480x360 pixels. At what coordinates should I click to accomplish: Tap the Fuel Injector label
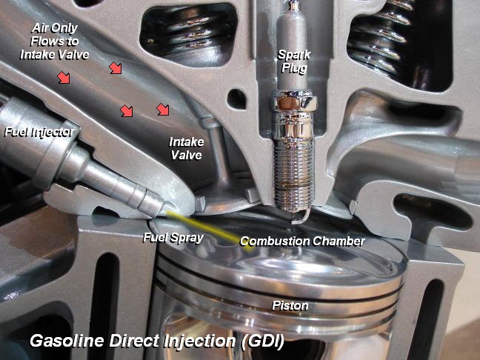[38, 133]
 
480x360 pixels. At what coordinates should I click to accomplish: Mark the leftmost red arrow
[64, 76]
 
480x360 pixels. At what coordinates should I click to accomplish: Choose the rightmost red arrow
[163, 110]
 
